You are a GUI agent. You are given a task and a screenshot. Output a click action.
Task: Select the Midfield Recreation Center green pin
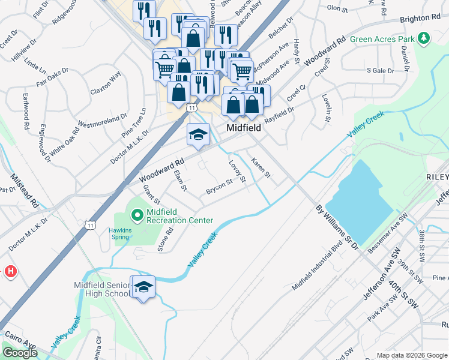tap(137, 214)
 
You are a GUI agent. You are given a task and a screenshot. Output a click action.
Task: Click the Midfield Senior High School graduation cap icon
tap(143, 288)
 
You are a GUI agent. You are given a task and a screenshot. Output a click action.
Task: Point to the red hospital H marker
tap(10, 272)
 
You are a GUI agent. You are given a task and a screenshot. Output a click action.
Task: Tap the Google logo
tap(20, 353)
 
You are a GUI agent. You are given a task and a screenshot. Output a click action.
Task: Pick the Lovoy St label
tap(238, 171)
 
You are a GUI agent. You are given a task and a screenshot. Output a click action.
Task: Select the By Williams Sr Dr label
tap(336, 227)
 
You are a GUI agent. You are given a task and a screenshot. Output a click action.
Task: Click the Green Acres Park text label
tap(383, 40)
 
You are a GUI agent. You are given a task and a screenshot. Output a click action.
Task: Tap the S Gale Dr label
tap(380, 70)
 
